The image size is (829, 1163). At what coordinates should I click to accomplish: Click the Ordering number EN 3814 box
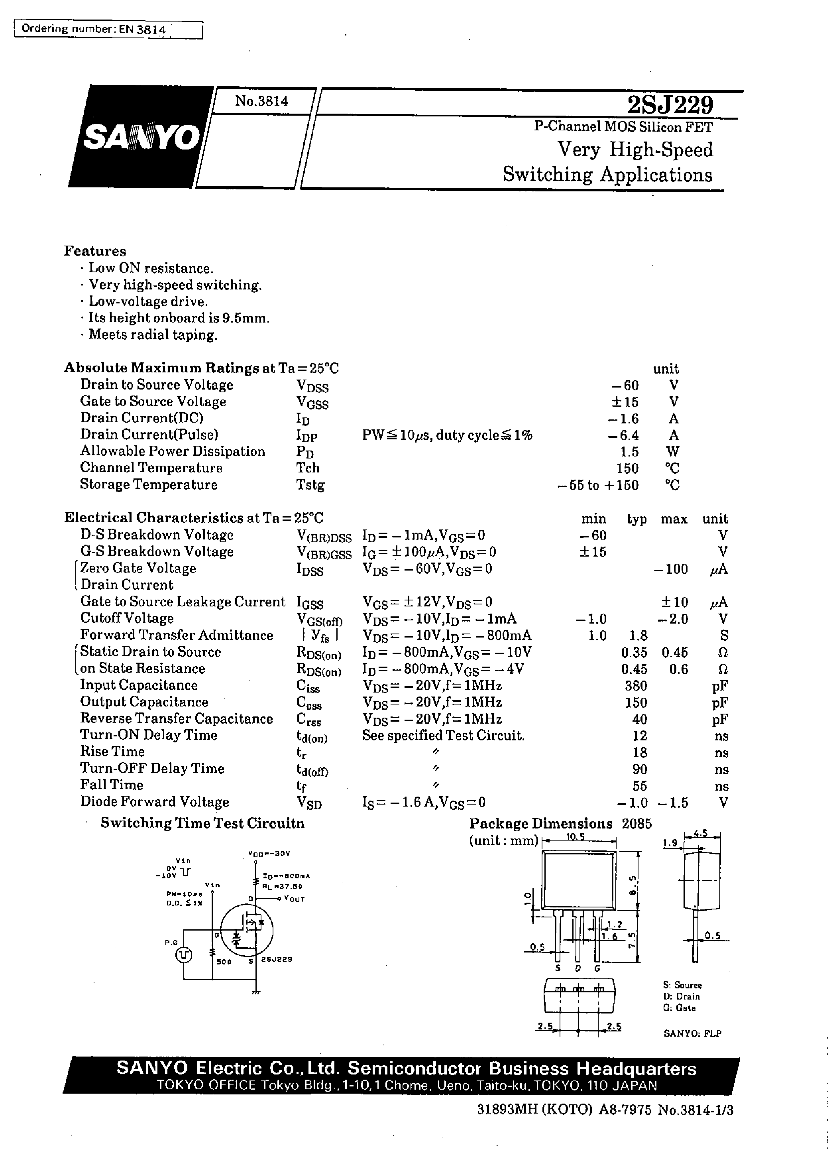pyautogui.click(x=108, y=30)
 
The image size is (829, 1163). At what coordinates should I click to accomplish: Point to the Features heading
pyautogui.click(x=95, y=251)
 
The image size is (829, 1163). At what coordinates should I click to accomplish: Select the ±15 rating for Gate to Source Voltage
pyautogui.click(x=625, y=402)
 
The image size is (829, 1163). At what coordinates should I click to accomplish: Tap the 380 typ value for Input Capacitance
pyautogui.click(x=636, y=686)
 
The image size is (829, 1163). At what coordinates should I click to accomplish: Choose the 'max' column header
pyautogui.click(x=674, y=519)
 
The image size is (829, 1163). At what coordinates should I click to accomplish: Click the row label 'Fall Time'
pyautogui.click(x=112, y=785)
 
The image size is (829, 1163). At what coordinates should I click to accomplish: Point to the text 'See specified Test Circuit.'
pyautogui.click(x=443, y=736)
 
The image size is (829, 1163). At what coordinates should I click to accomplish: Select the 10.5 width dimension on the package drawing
pyautogui.click(x=575, y=837)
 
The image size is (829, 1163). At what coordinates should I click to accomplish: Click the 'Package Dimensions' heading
pyautogui.click(x=540, y=823)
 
